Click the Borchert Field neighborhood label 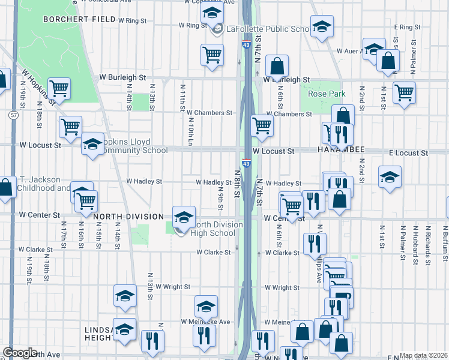(x=79, y=19)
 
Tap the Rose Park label (x=326, y=94)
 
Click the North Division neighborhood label (x=128, y=216)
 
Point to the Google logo (x=20, y=353)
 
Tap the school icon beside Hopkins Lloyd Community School (x=92, y=145)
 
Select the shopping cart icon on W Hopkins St (x=59, y=88)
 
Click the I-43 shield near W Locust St (x=247, y=163)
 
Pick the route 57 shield (x=13, y=114)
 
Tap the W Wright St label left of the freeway (x=173, y=287)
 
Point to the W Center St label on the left (x=40, y=214)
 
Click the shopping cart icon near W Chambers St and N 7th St (x=261, y=125)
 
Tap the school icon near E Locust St (x=390, y=177)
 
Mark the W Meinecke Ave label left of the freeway (x=206, y=322)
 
